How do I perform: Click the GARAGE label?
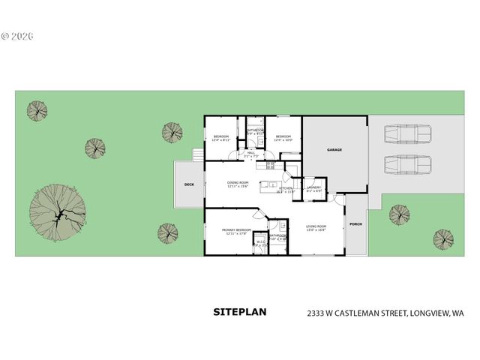click(x=334, y=150)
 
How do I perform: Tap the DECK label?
click(x=190, y=184)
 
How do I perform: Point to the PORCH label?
click(x=355, y=224)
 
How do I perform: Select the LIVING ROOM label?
click(x=316, y=226)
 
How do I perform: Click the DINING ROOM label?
click(x=238, y=182)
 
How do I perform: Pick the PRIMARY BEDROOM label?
click(x=236, y=229)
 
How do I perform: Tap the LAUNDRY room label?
click(x=313, y=187)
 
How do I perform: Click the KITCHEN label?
click(x=286, y=189)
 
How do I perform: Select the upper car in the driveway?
click(x=407, y=133)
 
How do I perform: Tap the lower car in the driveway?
click(x=407, y=163)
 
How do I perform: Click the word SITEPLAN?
click(x=239, y=310)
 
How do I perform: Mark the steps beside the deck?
click(x=198, y=154)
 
